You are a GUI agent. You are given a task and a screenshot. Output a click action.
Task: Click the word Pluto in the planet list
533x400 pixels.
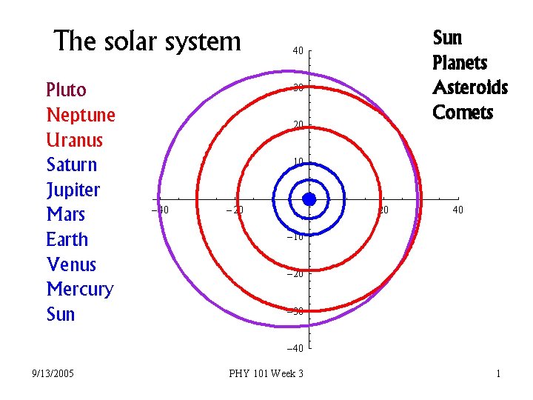pos(66,90)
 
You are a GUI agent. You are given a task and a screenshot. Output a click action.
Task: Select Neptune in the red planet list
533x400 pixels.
pos(81,116)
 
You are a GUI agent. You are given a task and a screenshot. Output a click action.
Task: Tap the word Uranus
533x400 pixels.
pos(74,140)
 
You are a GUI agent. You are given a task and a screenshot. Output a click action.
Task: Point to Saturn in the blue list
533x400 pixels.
pos(71,164)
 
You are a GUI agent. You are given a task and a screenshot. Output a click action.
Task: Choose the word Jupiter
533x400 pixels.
pos(73,190)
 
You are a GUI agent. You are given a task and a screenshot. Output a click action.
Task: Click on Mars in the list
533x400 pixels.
pos(65,215)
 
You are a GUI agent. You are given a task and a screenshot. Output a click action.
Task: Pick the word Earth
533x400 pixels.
pos(67,240)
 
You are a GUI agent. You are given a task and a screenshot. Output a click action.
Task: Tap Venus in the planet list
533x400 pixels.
pos(71,264)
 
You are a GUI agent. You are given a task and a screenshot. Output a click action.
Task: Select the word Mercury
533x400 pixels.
pos(79,290)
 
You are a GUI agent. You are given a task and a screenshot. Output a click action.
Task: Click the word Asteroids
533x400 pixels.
pos(470,88)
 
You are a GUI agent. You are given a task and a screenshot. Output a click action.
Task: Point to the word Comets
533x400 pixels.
pos(463,113)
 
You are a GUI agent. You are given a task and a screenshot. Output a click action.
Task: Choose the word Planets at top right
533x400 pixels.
pos(460,62)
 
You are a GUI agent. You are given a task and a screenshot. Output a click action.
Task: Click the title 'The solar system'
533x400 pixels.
pos(148,41)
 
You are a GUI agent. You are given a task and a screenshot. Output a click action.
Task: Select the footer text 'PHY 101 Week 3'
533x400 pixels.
pos(266,373)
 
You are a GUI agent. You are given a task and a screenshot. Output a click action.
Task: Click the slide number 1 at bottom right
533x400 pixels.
pos(498,373)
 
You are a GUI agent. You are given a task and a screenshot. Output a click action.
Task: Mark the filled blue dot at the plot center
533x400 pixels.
pos(309,199)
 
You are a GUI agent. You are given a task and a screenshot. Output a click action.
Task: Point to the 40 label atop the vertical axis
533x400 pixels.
pos(298,51)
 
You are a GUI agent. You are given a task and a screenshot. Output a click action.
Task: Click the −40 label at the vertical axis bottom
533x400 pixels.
pos(296,348)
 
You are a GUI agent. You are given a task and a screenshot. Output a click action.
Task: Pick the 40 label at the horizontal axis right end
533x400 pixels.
pos(458,210)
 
